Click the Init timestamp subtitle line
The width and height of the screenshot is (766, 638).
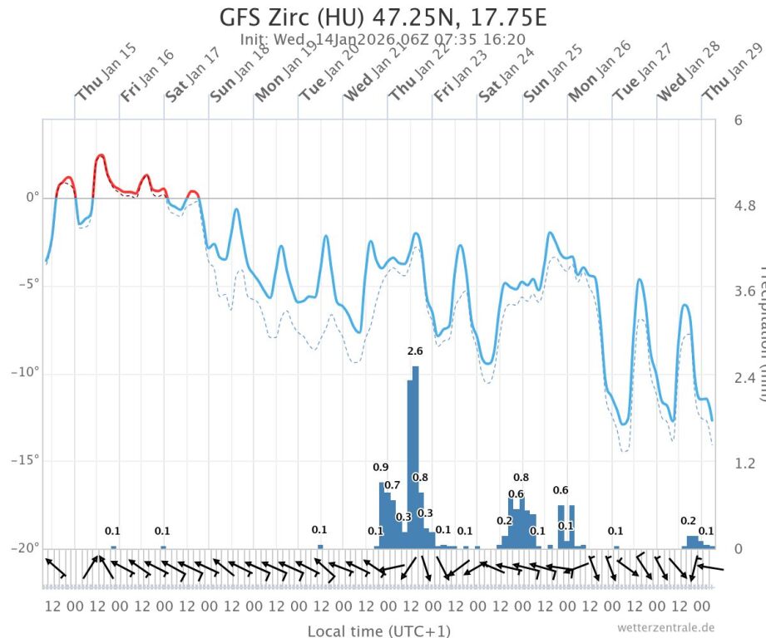click(x=383, y=38)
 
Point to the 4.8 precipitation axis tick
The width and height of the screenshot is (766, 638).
click(x=743, y=205)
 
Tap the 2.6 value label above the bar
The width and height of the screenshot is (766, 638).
click(x=415, y=351)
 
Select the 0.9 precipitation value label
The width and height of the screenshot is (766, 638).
click(x=381, y=468)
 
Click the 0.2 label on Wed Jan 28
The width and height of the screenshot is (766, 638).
click(x=688, y=521)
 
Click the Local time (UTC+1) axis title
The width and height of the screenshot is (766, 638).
click(x=379, y=631)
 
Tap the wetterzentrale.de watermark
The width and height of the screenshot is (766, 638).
click(x=666, y=628)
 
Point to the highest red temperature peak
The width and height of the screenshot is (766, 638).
click(x=101, y=155)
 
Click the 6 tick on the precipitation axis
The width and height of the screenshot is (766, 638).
click(x=738, y=120)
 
